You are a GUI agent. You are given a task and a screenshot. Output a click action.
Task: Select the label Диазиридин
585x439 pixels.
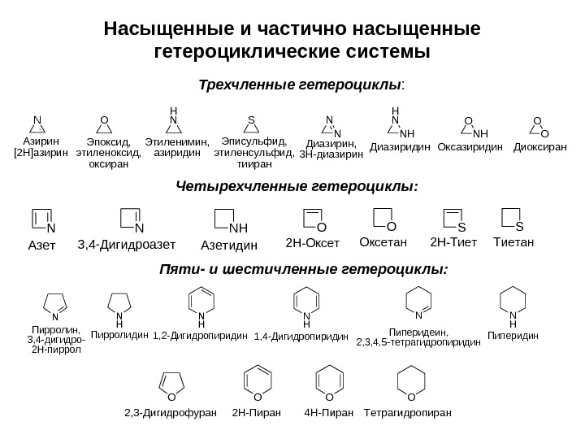click(x=399, y=148)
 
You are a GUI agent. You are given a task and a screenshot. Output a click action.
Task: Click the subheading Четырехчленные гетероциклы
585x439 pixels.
click(x=297, y=186)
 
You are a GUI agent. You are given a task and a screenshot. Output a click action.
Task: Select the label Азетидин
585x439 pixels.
click(x=229, y=245)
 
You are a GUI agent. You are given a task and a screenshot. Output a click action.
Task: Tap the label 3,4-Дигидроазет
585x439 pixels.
click(x=126, y=243)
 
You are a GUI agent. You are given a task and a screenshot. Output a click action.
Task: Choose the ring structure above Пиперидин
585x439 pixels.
click(x=513, y=302)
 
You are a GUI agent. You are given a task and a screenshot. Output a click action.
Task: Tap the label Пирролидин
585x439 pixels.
click(x=119, y=333)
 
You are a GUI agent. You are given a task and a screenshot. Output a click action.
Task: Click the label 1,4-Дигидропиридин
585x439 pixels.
click(x=301, y=335)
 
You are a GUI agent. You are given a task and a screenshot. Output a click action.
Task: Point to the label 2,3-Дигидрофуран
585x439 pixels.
click(x=171, y=412)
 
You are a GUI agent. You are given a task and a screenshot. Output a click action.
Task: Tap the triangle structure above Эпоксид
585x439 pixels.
click(x=104, y=126)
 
